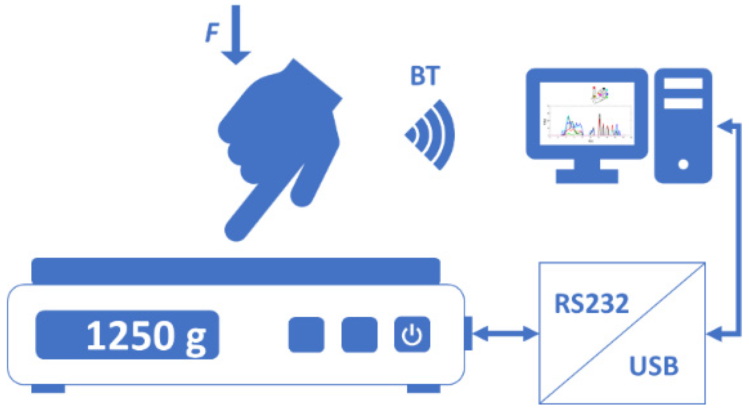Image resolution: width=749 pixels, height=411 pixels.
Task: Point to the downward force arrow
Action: (236, 35)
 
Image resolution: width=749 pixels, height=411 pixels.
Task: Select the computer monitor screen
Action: (587, 113)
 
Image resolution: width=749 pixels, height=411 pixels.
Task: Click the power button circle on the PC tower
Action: (683, 164)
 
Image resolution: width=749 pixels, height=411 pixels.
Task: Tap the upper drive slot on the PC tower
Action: (683, 83)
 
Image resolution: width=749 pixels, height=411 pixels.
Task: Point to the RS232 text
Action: (591, 304)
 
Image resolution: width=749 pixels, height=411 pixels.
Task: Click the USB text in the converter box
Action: (654, 366)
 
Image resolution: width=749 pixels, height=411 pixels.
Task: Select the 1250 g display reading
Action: (145, 336)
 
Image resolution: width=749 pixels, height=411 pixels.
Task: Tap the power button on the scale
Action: (412, 335)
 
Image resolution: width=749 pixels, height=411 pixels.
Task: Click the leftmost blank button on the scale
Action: (306, 335)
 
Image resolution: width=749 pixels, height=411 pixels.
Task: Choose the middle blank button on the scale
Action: (359, 335)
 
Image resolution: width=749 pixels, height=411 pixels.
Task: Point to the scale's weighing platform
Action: (236, 270)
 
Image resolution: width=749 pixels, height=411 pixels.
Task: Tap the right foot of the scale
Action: (423, 389)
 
